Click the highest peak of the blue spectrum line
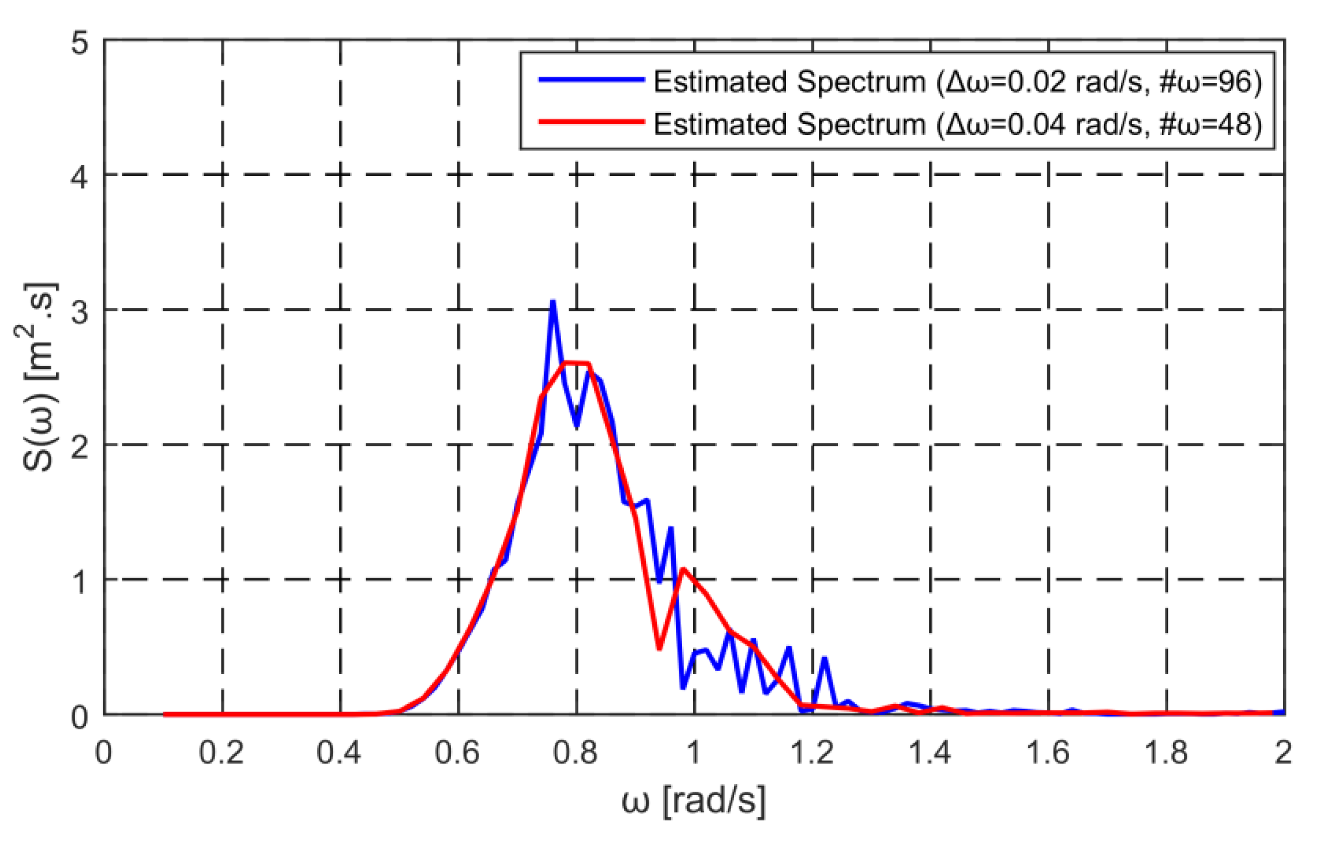click(552, 302)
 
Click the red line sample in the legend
click(591, 122)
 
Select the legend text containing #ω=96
click(957, 81)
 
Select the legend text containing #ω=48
click(957, 124)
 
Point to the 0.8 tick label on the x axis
click(576, 752)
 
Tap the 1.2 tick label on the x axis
click(812, 752)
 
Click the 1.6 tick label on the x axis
click(1048, 752)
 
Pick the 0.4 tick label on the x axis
click(339, 752)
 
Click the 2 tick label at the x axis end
click(1282, 752)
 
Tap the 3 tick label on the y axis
click(80, 311)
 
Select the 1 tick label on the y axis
click(80, 581)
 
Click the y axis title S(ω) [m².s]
click(39, 377)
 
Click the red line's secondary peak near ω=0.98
click(683, 569)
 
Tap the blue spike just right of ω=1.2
click(825, 658)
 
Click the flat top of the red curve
click(576, 363)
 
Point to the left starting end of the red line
click(165, 714)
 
